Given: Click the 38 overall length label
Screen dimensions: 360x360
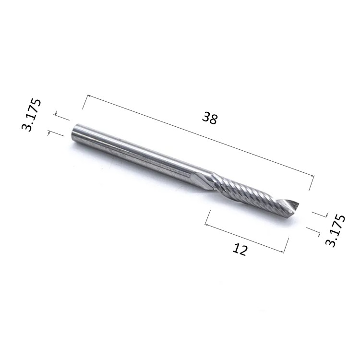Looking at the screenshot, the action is click(210, 118).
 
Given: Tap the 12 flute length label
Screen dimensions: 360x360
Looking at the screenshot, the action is click(240, 249).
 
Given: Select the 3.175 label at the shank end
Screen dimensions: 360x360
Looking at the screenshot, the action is click(32, 115).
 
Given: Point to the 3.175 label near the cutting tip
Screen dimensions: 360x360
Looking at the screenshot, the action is click(336, 230).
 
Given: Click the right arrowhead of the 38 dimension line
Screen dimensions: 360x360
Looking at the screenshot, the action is click(312, 175).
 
